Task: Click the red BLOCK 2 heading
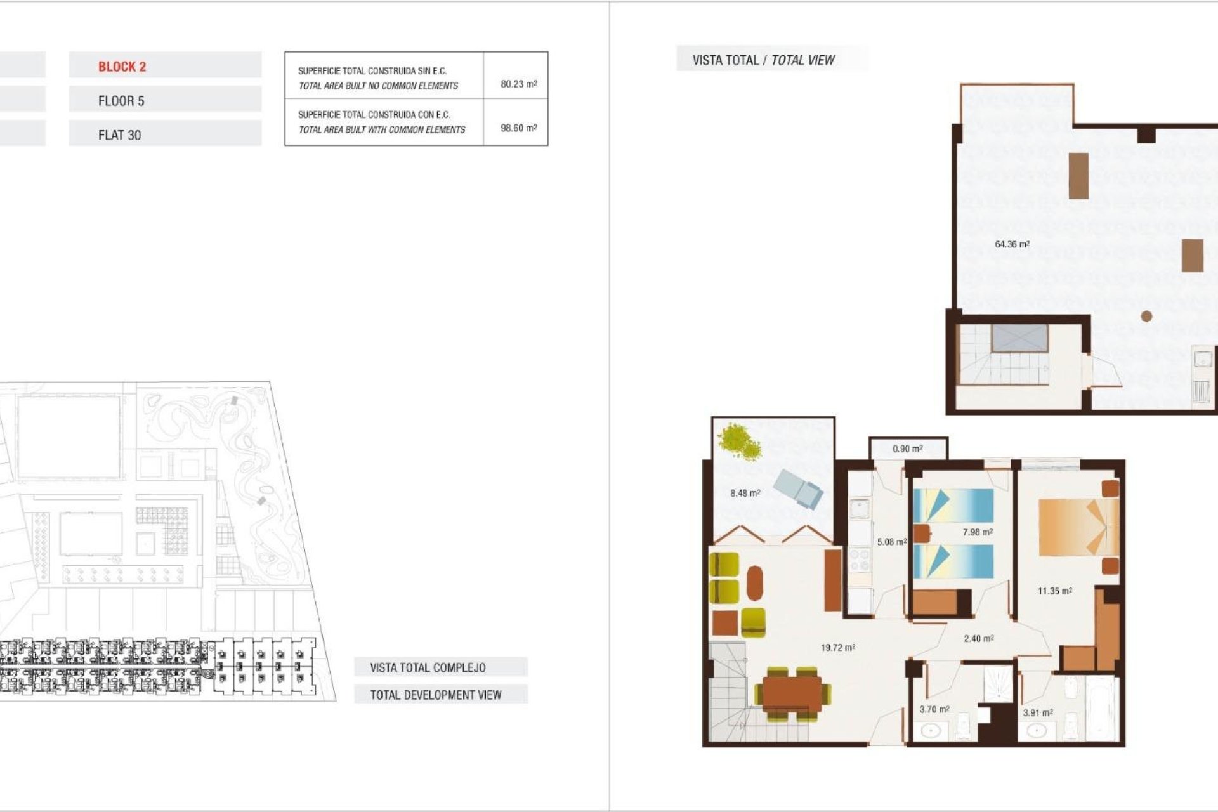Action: point(122,67)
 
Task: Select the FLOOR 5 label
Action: point(121,101)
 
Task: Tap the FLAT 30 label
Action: point(119,135)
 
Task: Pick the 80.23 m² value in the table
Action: point(518,84)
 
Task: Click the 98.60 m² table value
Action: point(518,128)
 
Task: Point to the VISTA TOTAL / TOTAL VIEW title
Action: point(763,60)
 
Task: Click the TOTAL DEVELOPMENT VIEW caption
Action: point(436,695)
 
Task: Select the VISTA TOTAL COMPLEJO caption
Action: point(428,667)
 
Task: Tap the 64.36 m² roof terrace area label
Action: point(1012,244)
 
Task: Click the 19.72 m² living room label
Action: point(837,648)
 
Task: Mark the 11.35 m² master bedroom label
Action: point(1054,591)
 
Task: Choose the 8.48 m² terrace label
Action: point(745,493)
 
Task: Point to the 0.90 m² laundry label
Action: point(907,449)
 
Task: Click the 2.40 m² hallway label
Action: point(978,638)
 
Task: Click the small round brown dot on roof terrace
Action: point(1146,316)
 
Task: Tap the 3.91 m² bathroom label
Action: point(1038,712)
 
